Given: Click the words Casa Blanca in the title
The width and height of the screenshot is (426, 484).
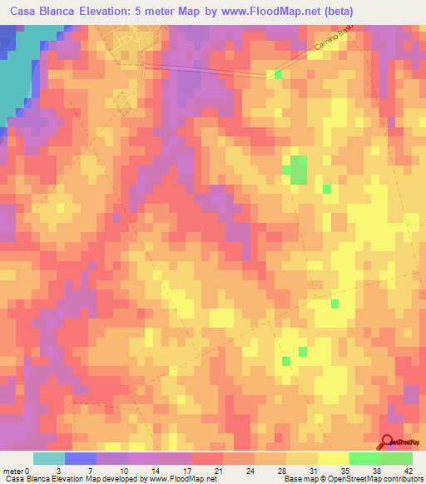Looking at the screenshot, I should pyautogui.click(x=42, y=12).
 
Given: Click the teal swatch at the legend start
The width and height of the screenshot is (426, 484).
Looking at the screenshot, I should pyautogui.click(x=49, y=458).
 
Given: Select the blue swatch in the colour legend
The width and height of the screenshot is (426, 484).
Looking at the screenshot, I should pyautogui.click(x=81, y=458).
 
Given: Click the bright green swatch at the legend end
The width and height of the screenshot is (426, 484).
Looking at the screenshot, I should pyautogui.click(x=396, y=458).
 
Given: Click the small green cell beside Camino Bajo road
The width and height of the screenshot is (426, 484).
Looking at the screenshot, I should pyautogui.click(x=278, y=75).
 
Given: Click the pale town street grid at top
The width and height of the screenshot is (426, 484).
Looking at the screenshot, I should pyautogui.click(x=129, y=42).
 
